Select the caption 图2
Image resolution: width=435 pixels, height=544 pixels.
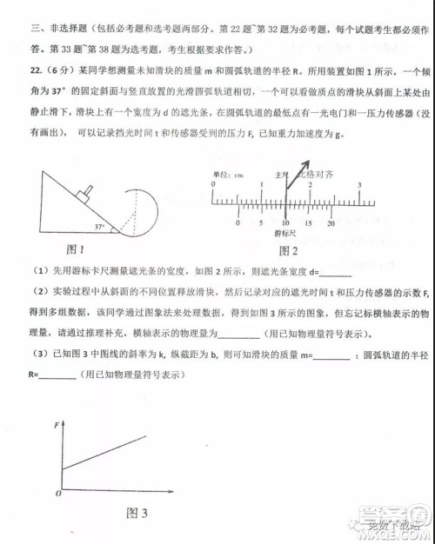(x=288, y=251)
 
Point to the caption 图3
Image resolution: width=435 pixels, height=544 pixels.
(x=137, y=513)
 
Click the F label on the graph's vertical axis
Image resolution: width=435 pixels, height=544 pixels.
(x=57, y=425)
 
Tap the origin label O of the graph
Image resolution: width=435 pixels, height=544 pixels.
(x=57, y=493)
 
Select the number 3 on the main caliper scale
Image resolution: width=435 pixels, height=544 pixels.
(x=358, y=186)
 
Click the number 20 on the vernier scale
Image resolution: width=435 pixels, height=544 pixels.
(x=331, y=223)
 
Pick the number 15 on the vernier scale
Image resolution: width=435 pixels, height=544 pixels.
(x=308, y=223)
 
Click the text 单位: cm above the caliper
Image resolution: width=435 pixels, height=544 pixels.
(x=228, y=175)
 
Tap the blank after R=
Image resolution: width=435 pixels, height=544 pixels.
(x=57, y=375)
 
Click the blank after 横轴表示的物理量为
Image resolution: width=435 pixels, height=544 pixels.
(x=238, y=335)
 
